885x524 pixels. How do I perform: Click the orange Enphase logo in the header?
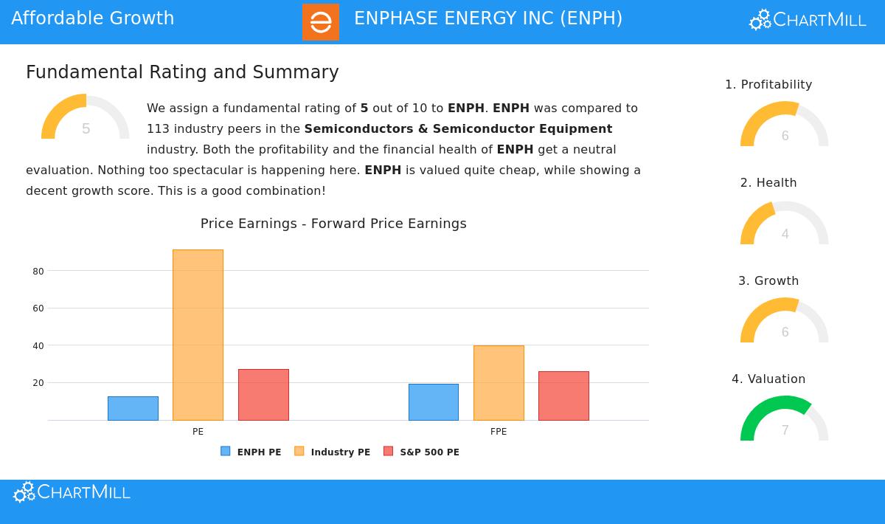click(321, 22)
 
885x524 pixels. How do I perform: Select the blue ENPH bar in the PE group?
click(133, 408)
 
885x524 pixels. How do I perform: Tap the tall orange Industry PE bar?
click(198, 335)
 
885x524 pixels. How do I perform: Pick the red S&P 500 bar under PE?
click(263, 395)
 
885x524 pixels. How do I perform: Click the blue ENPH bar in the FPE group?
click(434, 402)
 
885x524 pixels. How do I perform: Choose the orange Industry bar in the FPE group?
click(499, 383)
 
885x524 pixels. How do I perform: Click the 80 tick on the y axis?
click(38, 272)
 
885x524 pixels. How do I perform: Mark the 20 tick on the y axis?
click(38, 383)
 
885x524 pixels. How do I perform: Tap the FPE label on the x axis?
click(499, 432)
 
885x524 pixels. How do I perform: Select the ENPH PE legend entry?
click(251, 452)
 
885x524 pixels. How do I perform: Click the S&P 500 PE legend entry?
click(422, 452)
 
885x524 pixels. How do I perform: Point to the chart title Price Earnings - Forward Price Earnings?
click(333, 224)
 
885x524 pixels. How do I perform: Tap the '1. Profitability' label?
click(768, 85)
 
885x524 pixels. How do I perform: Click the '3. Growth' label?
click(768, 281)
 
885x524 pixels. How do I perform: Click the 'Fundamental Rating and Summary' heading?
click(182, 72)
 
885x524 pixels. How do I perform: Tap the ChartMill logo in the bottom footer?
click(72, 492)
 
